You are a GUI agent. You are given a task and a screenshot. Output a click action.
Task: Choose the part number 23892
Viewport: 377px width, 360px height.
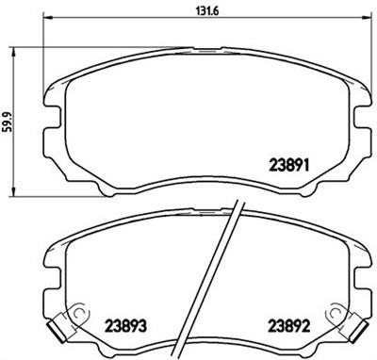tap(286, 330)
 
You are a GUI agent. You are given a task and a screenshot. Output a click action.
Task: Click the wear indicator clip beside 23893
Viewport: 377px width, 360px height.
tap(59, 326)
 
